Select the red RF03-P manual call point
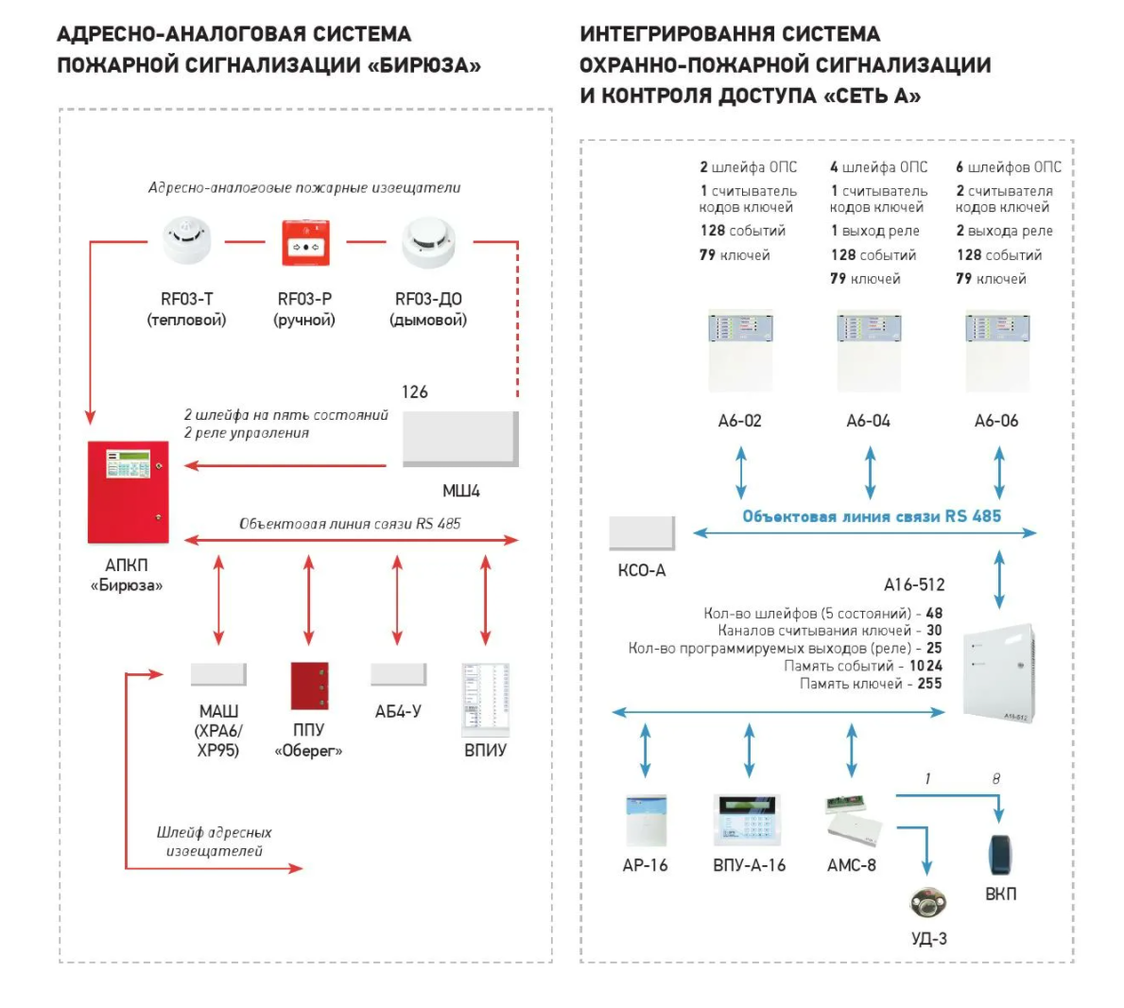coord(305,243)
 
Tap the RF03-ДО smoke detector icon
coord(428,242)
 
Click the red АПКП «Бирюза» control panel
coord(128,492)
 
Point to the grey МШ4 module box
coord(460,439)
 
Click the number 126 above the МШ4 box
coord(415,391)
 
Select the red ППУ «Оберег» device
coord(309,686)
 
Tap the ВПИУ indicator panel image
coord(485,700)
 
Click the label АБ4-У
coord(398,711)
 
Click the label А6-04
coord(868,421)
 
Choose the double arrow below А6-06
coord(999,472)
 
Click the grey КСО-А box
coord(642,533)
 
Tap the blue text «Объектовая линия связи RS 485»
coord(872,516)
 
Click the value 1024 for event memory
coord(925,666)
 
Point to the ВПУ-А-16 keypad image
coord(749,821)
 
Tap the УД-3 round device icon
coord(928,904)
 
